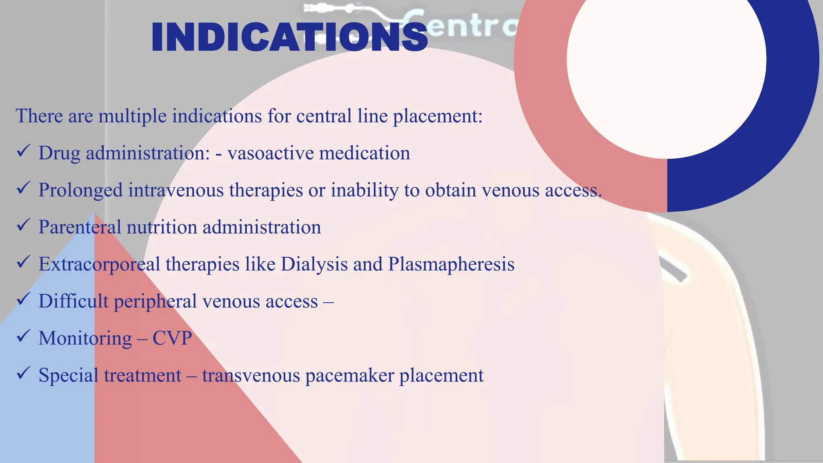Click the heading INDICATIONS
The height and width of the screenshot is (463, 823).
[289, 37]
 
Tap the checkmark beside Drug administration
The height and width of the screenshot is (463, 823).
[23, 152]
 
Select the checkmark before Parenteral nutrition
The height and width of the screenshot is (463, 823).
[23, 225]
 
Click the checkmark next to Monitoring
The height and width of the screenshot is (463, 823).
[23, 336]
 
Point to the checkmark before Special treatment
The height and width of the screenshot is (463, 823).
[23, 373]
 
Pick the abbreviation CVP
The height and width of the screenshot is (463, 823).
[172, 338]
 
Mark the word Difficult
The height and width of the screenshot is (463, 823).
[74, 301]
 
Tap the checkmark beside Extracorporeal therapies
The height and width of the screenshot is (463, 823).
[23, 262]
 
